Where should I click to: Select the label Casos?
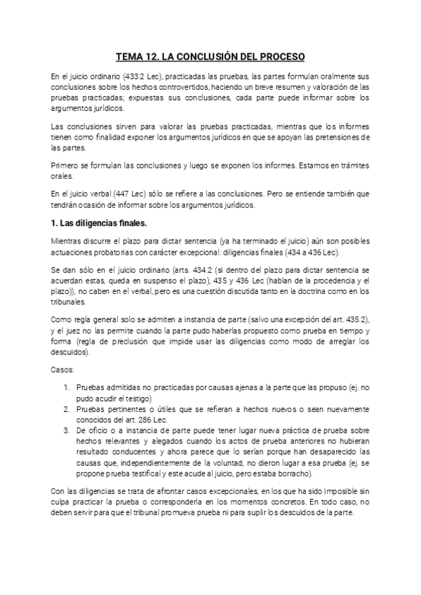(x=62, y=368)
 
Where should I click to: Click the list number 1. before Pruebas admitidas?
(x=67, y=387)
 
